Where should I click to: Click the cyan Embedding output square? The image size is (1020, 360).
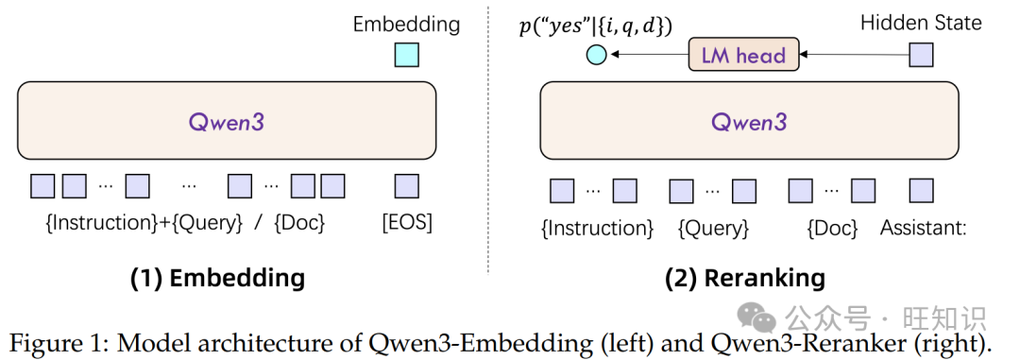point(406,55)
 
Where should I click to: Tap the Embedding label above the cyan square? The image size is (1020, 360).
point(406,25)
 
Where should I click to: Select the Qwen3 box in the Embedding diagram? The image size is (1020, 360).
point(227,120)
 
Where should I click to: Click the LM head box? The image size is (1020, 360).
point(742,55)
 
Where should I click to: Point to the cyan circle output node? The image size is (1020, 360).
point(596,55)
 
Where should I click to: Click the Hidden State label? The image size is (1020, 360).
point(921,23)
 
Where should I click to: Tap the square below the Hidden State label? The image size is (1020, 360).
point(921,55)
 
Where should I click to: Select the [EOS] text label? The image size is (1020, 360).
point(407,224)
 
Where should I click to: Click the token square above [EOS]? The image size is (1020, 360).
point(407,186)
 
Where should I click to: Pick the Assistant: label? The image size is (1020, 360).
point(923,228)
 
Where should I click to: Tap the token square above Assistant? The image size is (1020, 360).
point(922,191)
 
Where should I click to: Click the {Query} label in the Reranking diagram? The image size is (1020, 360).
point(713,228)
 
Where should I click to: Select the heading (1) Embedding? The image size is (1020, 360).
point(217,278)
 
